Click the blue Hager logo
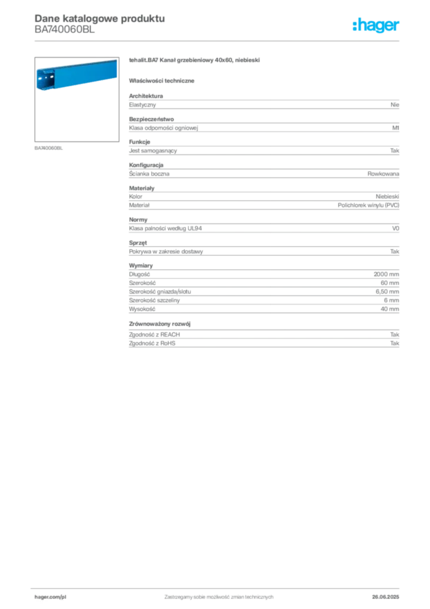[377, 26]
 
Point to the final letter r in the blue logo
[399, 27]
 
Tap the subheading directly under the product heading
[164, 80]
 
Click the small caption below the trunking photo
[49, 147]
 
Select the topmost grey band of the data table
[264, 104]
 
